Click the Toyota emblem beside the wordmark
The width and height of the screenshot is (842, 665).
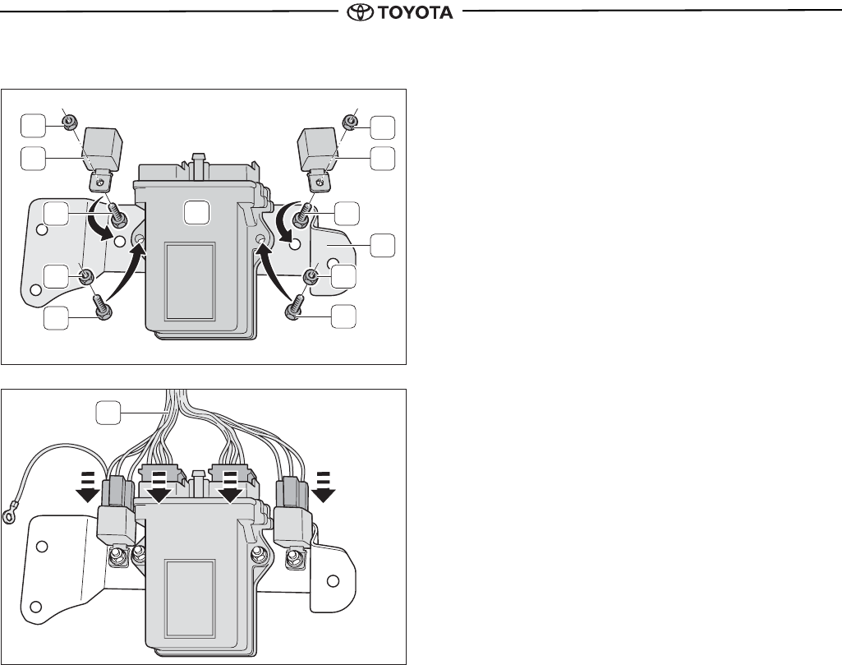pos(360,12)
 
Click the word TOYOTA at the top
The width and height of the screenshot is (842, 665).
pos(415,12)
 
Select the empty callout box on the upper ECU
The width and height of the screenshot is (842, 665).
pos(196,212)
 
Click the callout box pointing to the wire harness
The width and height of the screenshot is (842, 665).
pos(108,413)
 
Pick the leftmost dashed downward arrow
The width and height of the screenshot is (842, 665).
pos(87,487)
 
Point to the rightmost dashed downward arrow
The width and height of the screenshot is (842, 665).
pos(324,487)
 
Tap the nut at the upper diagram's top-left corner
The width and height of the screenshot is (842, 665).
pos(69,122)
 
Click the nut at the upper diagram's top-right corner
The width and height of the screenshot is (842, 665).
pos(351,122)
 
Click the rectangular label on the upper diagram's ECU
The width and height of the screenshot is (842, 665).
pos(191,281)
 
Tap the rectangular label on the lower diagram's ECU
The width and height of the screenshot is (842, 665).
pos(191,598)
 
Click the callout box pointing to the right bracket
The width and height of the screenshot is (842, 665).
pos(382,245)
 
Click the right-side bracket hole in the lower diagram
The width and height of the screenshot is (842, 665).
pos(334,580)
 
